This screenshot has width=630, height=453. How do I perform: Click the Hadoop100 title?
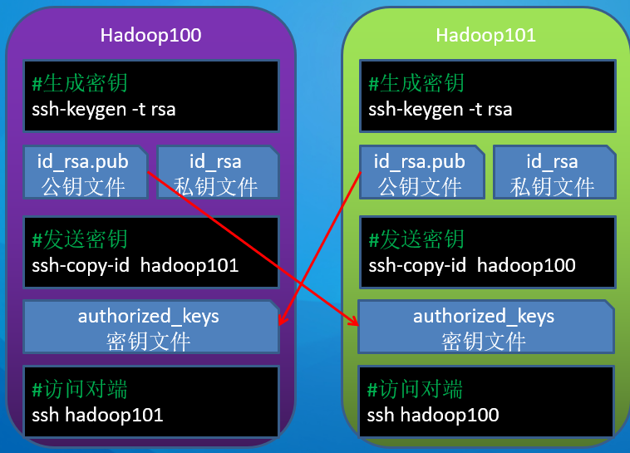(x=150, y=35)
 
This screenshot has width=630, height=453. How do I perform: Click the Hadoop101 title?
(x=485, y=35)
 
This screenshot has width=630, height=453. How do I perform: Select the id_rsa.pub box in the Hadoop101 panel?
(x=420, y=173)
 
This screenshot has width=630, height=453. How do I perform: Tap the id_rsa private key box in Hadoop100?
(x=216, y=173)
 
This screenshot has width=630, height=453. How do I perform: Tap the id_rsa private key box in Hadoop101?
(x=553, y=173)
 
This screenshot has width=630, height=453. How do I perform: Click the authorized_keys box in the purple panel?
(x=149, y=327)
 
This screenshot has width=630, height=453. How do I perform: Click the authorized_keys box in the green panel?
(x=484, y=327)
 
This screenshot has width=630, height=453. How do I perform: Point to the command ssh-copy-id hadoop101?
(x=135, y=266)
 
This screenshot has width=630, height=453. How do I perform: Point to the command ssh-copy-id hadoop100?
(x=472, y=266)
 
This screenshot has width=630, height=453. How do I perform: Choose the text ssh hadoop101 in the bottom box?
(x=97, y=414)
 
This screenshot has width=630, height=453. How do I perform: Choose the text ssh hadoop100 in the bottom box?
(x=433, y=414)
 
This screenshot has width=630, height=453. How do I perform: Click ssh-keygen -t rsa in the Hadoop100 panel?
(x=104, y=109)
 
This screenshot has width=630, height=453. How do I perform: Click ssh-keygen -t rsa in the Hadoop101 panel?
(x=441, y=109)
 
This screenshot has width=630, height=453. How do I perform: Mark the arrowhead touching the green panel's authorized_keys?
(x=355, y=323)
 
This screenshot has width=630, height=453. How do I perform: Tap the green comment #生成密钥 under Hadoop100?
(x=80, y=83)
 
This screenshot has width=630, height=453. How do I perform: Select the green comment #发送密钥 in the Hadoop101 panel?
(x=416, y=240)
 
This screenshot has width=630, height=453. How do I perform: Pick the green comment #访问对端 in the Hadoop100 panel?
(x=80, y=389)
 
